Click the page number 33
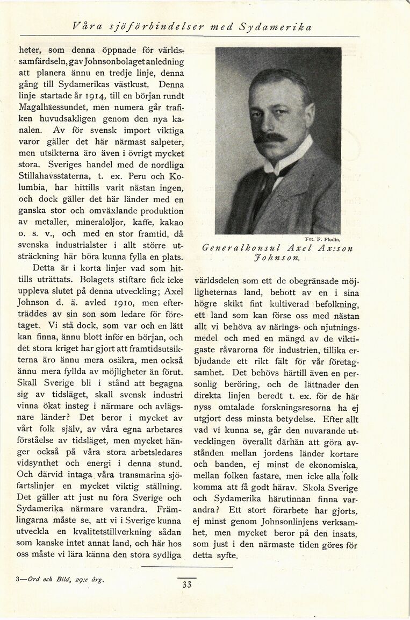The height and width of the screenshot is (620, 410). click(186, 585)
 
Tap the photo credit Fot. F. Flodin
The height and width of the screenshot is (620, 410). click(323, 239)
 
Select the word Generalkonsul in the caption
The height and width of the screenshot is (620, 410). click(238, 248)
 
